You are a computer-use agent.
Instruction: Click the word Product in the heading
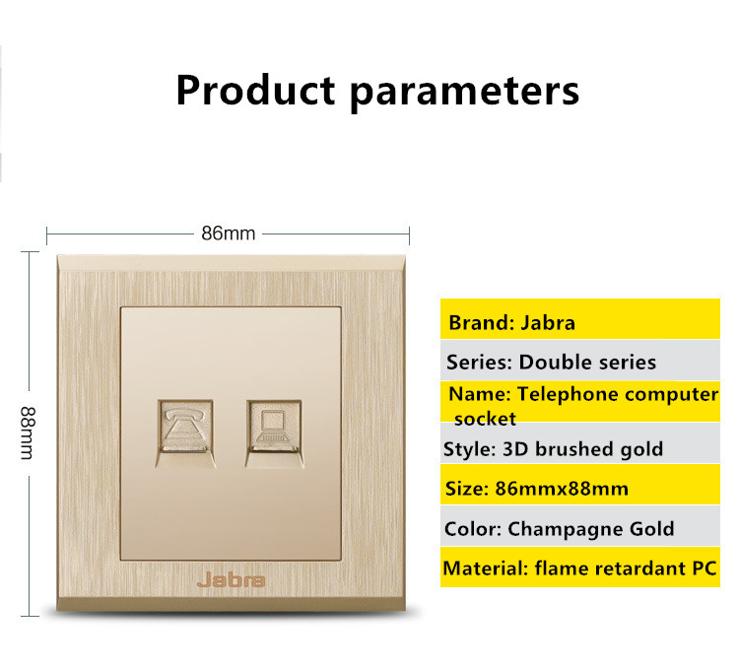(x=255, y=90)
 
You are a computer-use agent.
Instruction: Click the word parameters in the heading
(x=465, y=93)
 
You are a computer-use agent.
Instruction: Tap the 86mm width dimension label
(x=229, y=234)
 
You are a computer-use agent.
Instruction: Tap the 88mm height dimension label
(x=28, y=433)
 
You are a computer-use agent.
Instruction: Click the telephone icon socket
(x=185, y=434)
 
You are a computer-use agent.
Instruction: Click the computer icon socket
(x=274, y=434)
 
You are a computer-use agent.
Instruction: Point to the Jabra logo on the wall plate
(x=231, y=580)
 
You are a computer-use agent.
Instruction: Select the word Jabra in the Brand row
(x=548, y=323)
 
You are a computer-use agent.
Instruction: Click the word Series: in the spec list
(x=479, y=362)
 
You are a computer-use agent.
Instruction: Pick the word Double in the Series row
(x=551, y=362)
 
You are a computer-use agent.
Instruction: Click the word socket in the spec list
(x=485, y=419)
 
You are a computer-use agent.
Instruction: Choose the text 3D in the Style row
(x=516, y=449)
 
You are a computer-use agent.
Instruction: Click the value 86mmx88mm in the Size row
(x=562, y=489)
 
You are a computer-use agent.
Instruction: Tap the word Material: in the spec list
(x=486, y=568)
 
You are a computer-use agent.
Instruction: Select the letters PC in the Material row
(x=705, y=568)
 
